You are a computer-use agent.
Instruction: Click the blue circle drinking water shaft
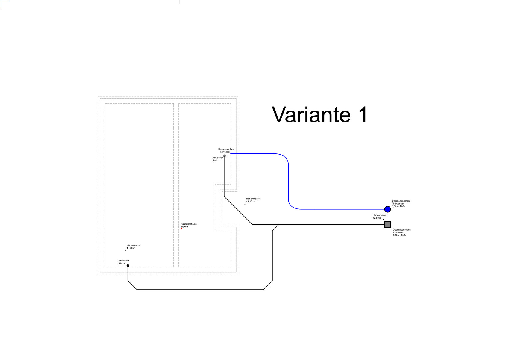coord(387,209)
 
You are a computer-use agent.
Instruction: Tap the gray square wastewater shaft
coord(387,224)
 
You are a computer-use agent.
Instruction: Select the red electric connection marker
coord(181,229)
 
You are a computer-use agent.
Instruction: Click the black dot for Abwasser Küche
coord(128,265)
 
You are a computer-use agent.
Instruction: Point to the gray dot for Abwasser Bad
coord(224,156)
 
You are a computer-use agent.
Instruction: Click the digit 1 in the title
coord(363,114)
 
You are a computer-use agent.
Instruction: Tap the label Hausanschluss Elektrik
coord(188,225)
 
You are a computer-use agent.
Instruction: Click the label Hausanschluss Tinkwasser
coord(226,150)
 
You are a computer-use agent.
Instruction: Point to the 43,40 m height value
coord(131,248)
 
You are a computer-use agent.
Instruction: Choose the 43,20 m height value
coord(250,201)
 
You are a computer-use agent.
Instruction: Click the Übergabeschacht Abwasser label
coord(402,232)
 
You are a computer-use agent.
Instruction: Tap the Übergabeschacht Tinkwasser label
coord(401,203)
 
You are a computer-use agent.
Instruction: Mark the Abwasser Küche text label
coord(124,262)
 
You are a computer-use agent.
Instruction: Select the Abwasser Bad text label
coord(217,159)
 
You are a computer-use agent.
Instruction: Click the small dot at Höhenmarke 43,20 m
coord(245,204)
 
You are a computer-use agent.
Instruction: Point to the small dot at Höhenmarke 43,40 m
coord(125,251)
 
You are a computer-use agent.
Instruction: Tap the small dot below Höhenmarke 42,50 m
coord(383,219)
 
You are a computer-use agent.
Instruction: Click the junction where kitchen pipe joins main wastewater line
coord(278,225)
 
